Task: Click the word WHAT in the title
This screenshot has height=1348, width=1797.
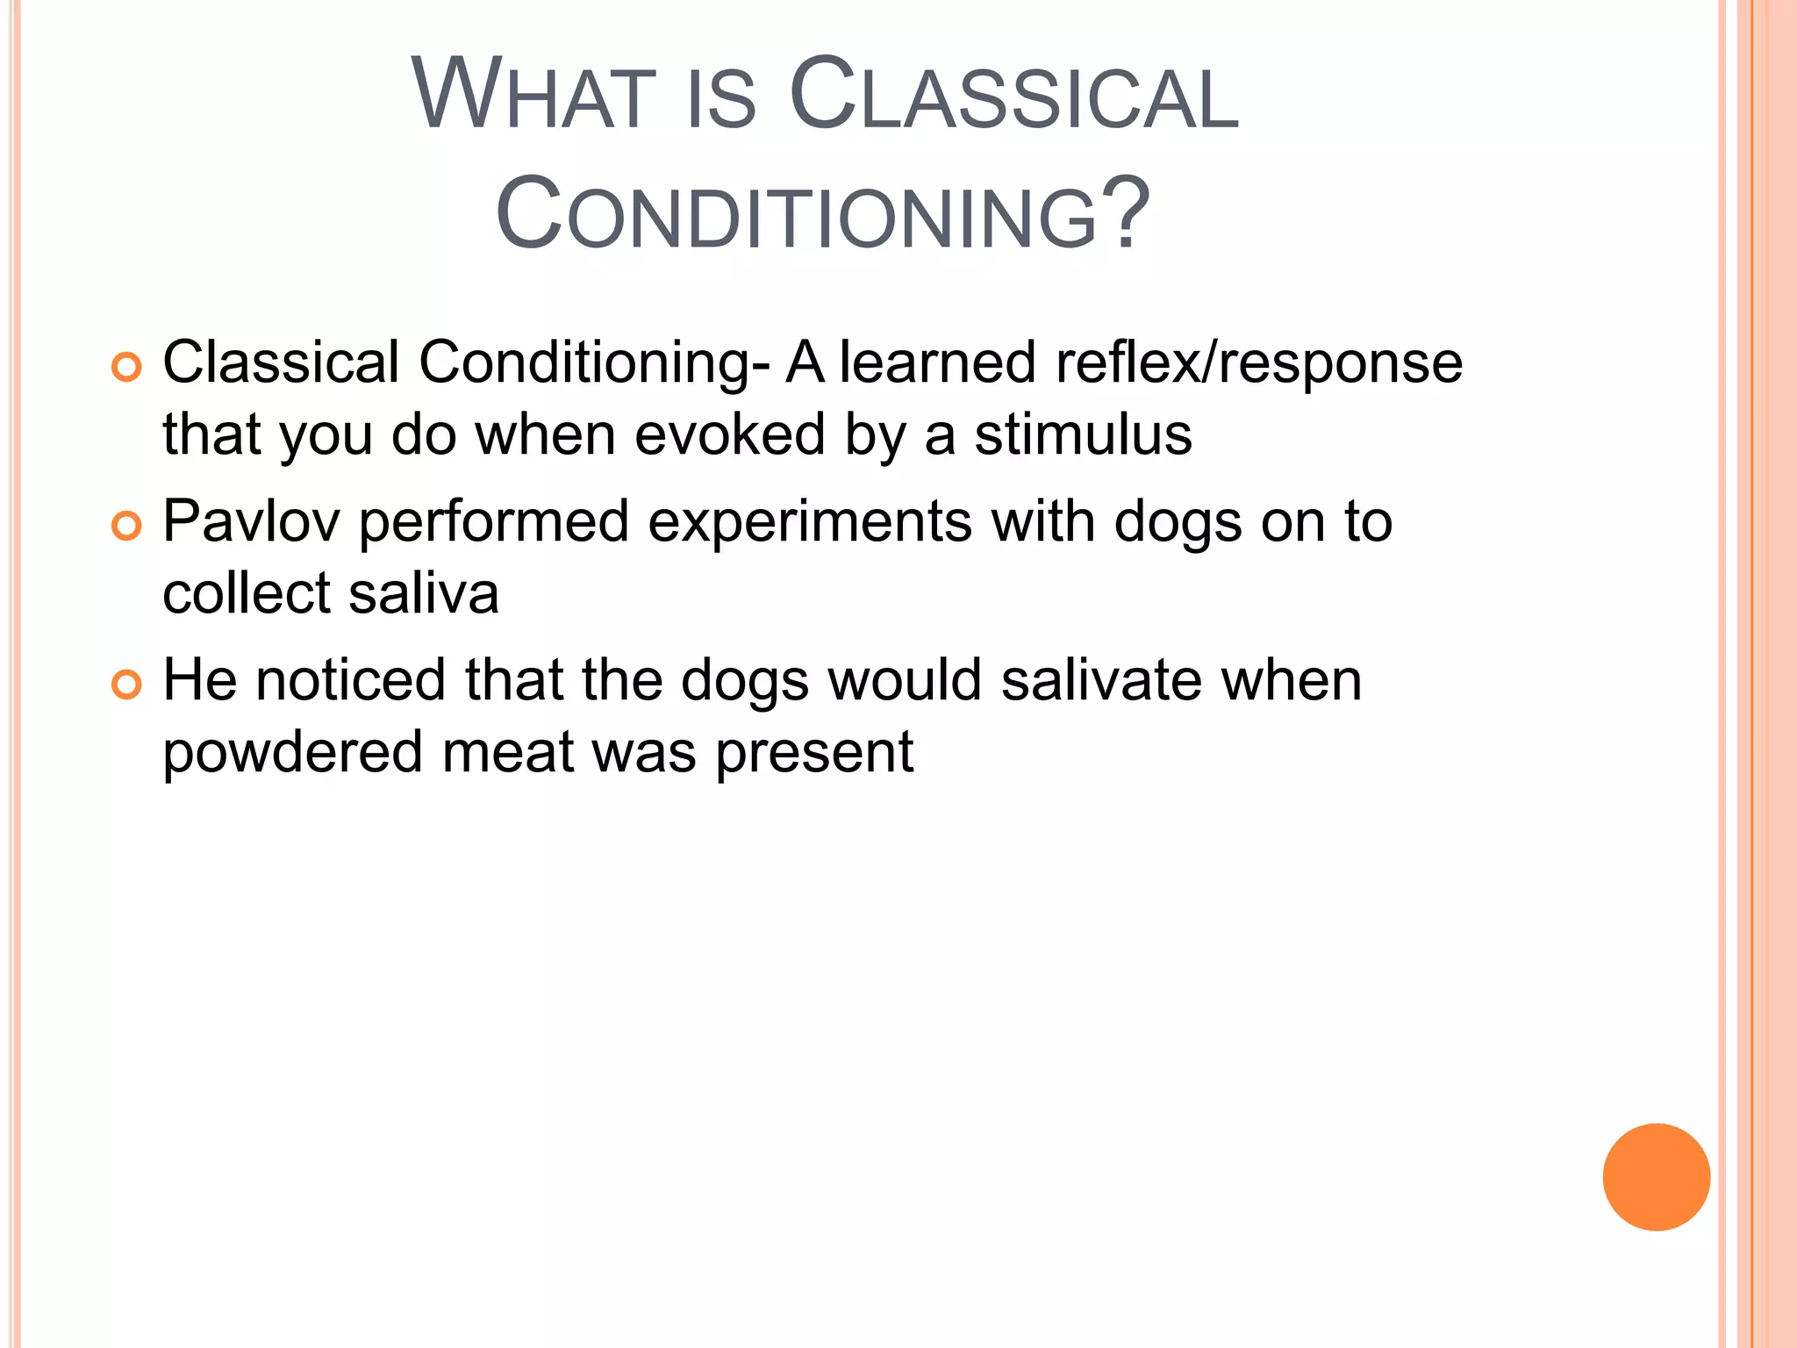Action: pos(533,95)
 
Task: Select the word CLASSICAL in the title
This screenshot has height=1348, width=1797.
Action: pos(1013,95)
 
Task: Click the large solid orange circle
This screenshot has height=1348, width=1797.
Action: pos(1656,1177)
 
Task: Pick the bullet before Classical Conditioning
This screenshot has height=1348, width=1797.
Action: pos(126,368)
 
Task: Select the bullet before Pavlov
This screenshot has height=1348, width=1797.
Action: pos(126,527)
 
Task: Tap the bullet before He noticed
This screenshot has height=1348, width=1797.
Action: pos(126,685)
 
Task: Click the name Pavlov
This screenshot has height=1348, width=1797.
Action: pos(251,522)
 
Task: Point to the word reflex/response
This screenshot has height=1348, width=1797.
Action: pos(1258,363)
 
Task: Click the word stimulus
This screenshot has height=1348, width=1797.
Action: pos(1083,435)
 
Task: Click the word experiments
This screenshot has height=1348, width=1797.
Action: pos(809,522)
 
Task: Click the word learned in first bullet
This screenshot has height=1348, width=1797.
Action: pos(937,363)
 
